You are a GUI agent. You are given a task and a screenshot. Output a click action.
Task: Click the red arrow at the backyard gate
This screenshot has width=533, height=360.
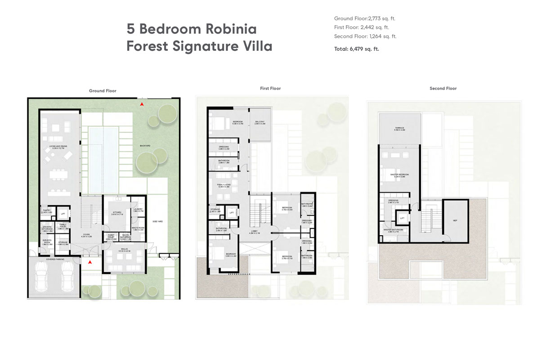[142, 104]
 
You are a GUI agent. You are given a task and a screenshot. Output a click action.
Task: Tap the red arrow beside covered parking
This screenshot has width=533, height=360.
[90, 261]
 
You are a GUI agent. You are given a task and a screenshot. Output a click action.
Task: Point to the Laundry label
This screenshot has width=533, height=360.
[138, 210]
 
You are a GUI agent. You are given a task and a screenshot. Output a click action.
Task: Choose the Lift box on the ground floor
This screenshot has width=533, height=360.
[63, 214]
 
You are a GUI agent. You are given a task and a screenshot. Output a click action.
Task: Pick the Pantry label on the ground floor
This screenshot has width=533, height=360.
[46, 210]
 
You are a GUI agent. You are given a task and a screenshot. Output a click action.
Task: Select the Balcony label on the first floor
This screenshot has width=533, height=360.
[260, 122]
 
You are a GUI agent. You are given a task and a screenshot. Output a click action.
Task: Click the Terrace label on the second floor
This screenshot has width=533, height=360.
[399, 128]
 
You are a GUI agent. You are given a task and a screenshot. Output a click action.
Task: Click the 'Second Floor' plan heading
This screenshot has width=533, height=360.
[443, 89]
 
